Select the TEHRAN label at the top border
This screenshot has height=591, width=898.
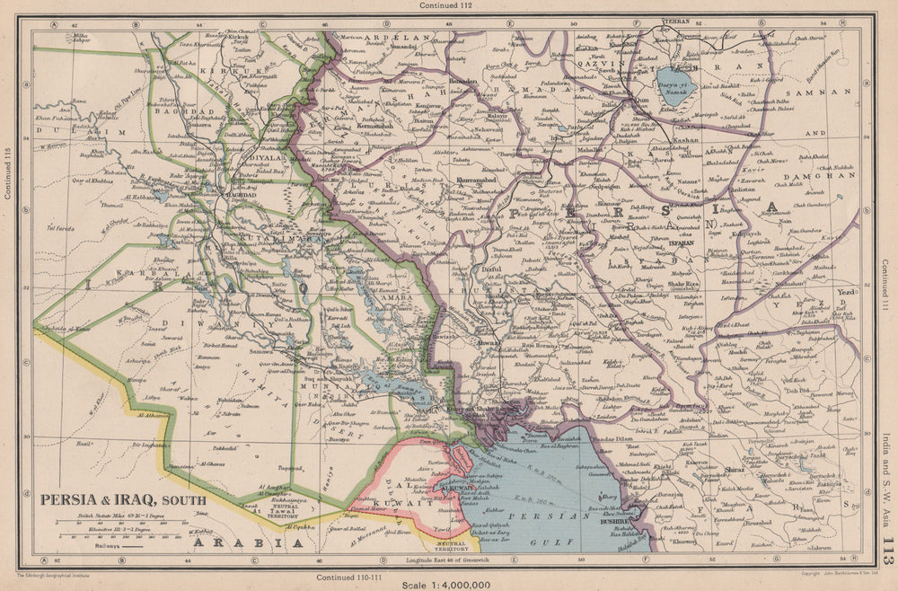674,20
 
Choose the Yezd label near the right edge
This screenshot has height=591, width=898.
845,293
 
